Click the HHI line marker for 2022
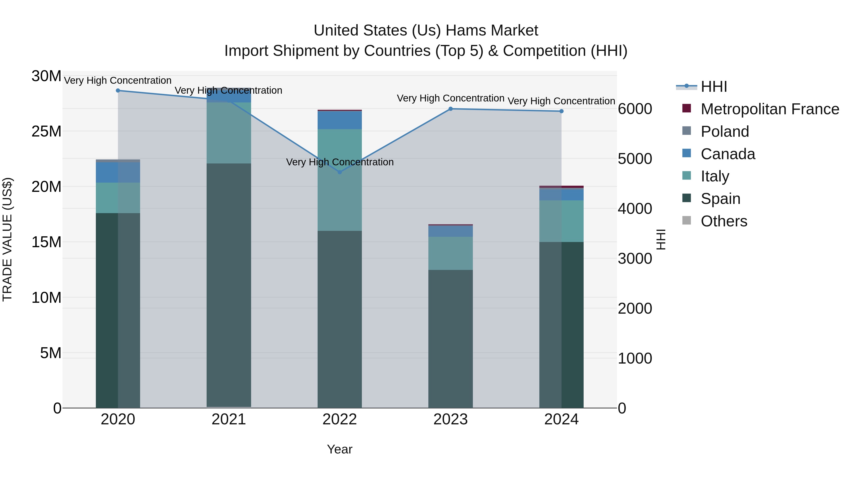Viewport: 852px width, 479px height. click(340, 172)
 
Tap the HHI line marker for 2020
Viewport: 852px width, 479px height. click(118, 91)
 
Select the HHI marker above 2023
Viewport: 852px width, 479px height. click(450, 109)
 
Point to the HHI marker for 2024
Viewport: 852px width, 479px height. click(561, 111)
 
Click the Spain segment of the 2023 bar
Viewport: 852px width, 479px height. click(450, 339)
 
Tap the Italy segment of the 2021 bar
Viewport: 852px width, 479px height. click(229, 133)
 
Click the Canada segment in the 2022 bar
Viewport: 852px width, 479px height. click(340, 120)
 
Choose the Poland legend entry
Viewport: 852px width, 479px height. click(724, 132)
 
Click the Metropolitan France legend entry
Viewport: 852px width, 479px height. click(769, 109)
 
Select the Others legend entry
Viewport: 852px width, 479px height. click(724, 221)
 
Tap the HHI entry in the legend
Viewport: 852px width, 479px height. click(714, 87)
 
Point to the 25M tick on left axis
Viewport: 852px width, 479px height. click(46, 132)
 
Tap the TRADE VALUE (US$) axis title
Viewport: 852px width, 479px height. click(7, 239)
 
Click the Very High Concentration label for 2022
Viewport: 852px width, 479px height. click(340, 162)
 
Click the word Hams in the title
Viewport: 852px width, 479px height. click(464, 31)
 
